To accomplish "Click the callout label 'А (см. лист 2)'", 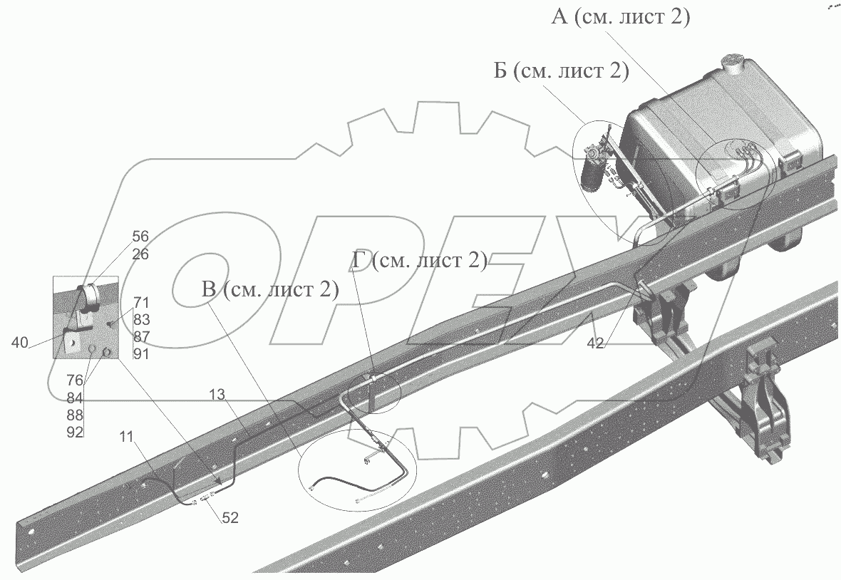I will coord(620,17).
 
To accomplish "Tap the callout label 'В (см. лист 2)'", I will coord(270,289).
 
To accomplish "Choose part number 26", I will coord(140,254).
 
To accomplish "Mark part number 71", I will coord(141,302).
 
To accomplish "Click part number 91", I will coord(141,353).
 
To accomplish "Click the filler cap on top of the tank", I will coord(733,63).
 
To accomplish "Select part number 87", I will coord(141,336).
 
